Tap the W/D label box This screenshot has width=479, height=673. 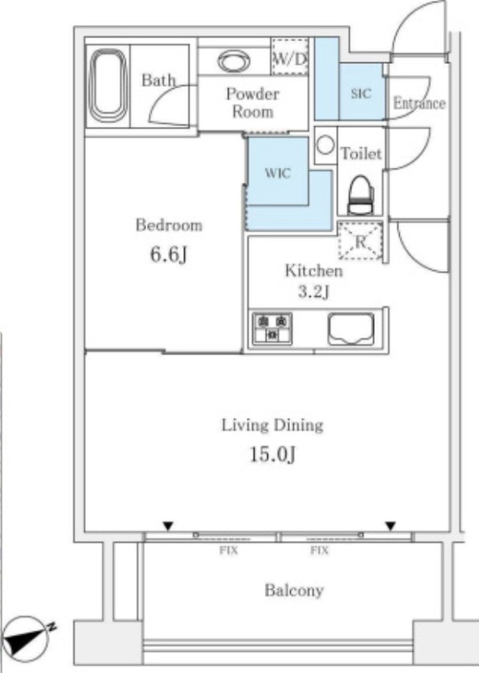[x=290, y=56]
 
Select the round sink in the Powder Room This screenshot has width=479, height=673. [x=234, y=61]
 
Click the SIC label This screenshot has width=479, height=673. [x=361, y=93]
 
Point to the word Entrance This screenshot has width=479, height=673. [x=419, y=103]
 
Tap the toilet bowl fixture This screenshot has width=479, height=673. [x=361, y=196]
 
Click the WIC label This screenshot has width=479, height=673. [x=278, y=173]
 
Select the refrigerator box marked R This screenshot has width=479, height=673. [x=361, y=241]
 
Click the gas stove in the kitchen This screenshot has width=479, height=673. [x=272, y=328]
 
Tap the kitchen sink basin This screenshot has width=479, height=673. [x=350, y=329]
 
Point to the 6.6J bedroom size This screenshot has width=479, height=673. [x=168, y=255]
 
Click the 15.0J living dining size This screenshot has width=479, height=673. [x=273, y=454]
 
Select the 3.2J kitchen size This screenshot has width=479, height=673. [x=314, y=292]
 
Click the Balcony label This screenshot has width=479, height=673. [x=294, y=591]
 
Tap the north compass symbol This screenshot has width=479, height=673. [x=27, y=639]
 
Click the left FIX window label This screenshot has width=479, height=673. [x=229, y=550]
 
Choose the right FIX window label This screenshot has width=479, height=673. [x=319, y=550]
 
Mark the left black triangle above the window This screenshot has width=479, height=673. [x=168, y=526]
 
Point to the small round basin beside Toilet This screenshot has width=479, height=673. [x=325, y=145]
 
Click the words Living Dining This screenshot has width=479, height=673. [x=272, y=426]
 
